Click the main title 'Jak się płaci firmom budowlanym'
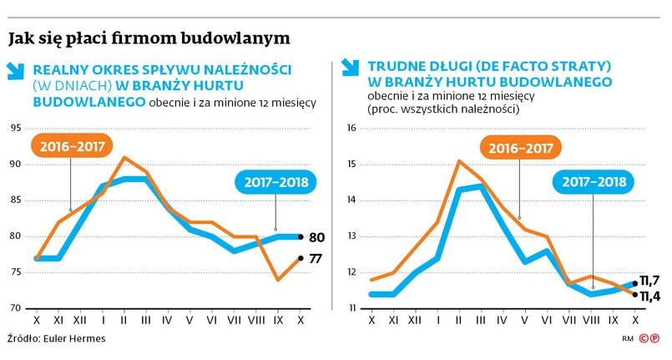pos(149,38)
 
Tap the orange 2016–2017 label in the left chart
pos(70,146)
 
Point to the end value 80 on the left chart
pos(316,238)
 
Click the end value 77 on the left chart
pos(316,259)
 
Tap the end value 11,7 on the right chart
pos(650,280)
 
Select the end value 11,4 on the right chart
pos(650,295)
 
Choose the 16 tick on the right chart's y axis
pos(351,129)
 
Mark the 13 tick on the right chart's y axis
pos(351,237)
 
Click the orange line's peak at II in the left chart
pos(124,157)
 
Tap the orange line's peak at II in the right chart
pos(458,160)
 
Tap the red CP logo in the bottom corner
pos(649,339)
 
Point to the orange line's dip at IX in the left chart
pos(277,280)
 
